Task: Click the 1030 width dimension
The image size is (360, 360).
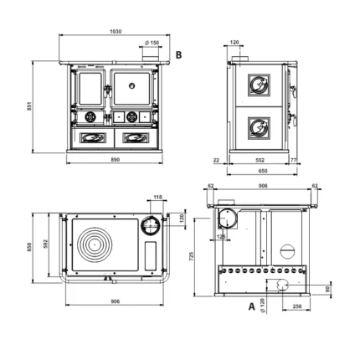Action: click(116, 31)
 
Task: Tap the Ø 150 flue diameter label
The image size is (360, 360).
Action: click(152, 43)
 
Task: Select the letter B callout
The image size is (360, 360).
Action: click(178, 55)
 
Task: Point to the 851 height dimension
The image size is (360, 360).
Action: click(29, 106)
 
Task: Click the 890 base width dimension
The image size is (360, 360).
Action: click(116, 160)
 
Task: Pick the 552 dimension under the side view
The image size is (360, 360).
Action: click(260, 160)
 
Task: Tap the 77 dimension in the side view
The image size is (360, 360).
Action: click(294, 160)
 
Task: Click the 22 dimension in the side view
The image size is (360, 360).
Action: click(216, 160)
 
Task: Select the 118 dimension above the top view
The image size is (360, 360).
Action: click(157, 197)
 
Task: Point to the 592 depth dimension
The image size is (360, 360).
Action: click(46, 244)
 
